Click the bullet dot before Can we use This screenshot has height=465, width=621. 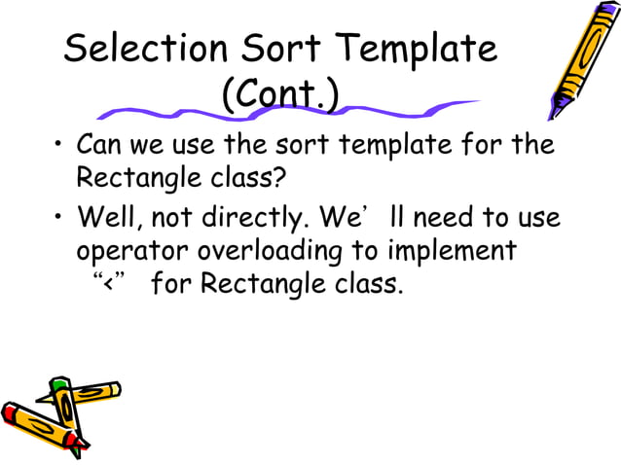click(59, 148)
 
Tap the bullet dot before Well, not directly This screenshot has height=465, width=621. click(59, 216)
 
